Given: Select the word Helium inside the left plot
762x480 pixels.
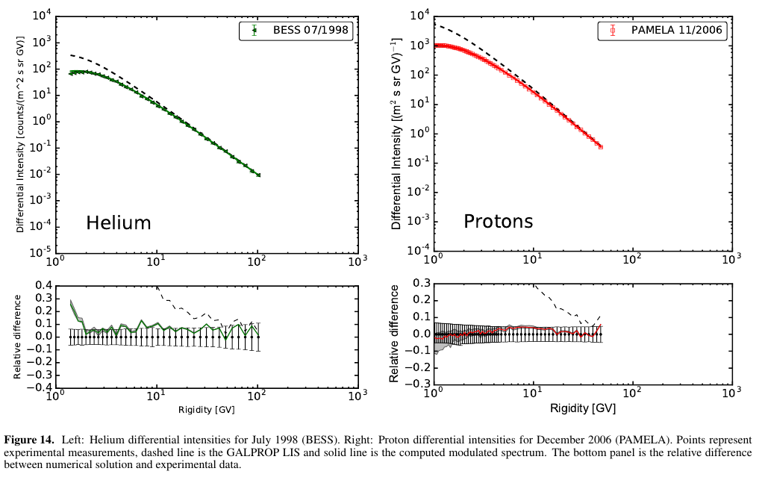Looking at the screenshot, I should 118,222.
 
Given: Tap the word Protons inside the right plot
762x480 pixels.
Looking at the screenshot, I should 498,221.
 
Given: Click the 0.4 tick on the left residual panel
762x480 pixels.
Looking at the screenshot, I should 43,285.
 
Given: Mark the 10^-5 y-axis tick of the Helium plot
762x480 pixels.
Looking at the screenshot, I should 38,252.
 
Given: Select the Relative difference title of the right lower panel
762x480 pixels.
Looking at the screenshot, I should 394,334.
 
